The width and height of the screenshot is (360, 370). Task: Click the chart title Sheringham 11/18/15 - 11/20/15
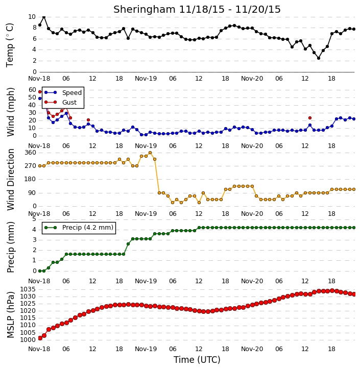[x=197, y=9]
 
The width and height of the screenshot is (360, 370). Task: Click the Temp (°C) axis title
[x=10, y=45]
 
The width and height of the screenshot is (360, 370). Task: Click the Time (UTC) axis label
[x=197, y=360]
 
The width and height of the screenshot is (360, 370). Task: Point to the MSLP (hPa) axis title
[x=10, y=314]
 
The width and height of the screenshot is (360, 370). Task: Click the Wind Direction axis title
[x=10, y=180]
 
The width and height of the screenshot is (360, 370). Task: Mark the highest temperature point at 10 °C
[x=44, y=17]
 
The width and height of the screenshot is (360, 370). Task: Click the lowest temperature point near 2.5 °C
[x=319, y=58]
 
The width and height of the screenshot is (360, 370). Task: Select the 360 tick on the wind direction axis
[x=31, y=153]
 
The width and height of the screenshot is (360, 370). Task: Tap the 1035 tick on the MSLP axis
[x=28, y=289]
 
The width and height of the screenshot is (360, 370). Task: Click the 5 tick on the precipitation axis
[x=34, y=219]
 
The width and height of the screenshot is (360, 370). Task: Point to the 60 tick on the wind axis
[x=32, y=90]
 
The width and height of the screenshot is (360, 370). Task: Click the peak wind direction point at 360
[x=150, y=153]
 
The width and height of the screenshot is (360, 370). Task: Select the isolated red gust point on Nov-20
[x=310, y=118]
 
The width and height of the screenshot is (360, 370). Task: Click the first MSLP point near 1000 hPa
[x=40, y=338]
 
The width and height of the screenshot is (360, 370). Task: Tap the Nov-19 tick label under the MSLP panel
[x=146, y=349]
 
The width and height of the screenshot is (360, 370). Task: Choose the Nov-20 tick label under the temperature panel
[x=252, y=79]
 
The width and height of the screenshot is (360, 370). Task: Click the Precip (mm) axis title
[x=10, y=248]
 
